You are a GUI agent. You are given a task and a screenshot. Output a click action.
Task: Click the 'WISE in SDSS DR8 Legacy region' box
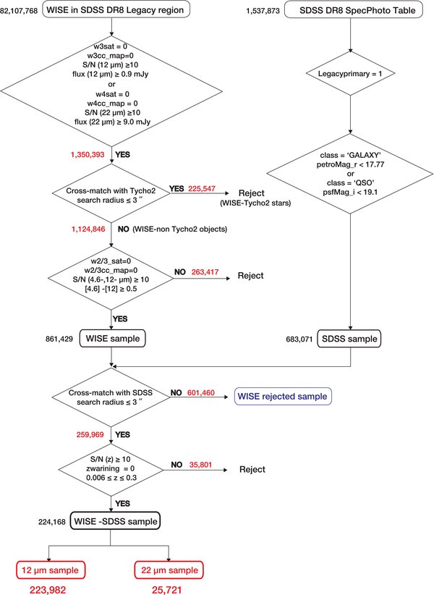click(116, 10)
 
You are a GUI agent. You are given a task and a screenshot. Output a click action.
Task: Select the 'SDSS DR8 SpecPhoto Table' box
click(354, 10)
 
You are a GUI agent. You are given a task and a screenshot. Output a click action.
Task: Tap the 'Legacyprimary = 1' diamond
click(350, 73)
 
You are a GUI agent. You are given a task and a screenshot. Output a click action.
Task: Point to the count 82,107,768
click(20, 11)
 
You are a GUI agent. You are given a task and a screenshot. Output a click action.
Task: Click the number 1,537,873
click(263, 11)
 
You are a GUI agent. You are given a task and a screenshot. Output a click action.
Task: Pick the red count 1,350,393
click(88, 154)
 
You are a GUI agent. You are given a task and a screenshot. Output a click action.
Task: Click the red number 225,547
click(202, 188)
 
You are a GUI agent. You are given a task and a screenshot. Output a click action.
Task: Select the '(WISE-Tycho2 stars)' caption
click(255, 203)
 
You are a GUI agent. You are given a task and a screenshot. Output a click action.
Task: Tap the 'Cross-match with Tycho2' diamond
click(111, 193)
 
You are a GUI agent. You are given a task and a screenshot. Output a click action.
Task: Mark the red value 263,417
click(205, 271)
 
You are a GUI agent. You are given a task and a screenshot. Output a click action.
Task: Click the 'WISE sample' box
click(112, 339)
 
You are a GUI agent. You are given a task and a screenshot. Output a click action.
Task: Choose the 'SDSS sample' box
click(349, 339)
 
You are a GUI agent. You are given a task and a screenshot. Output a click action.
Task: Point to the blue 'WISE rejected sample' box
click(283, 397)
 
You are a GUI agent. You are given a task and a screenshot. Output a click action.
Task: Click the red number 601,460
click(201, 393)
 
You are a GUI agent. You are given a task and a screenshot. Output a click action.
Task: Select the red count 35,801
click(200, 465)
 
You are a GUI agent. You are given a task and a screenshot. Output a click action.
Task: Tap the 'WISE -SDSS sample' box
click(115, 521)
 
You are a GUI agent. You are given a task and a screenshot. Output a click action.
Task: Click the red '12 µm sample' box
click(51, 570)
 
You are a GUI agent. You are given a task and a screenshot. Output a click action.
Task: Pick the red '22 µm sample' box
click(169, 570)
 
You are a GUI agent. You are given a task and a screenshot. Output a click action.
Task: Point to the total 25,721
click(167, 590)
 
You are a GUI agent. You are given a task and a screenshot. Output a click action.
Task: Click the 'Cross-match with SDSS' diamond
click(111, 397)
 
